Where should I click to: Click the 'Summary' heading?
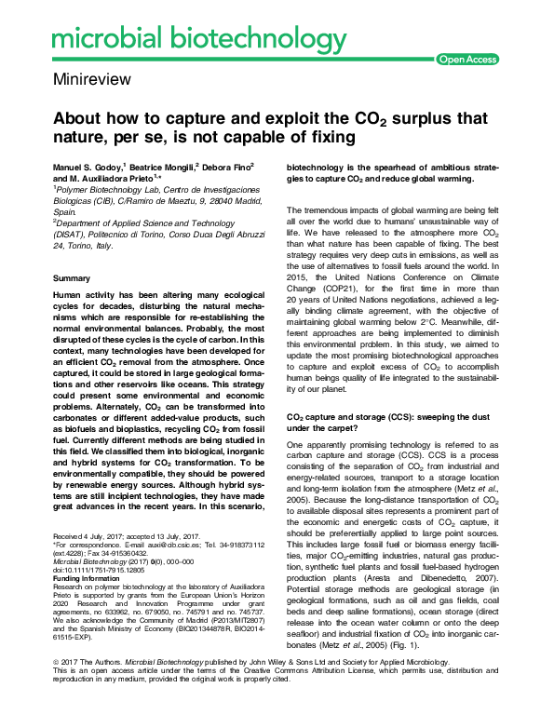point(72,279)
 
